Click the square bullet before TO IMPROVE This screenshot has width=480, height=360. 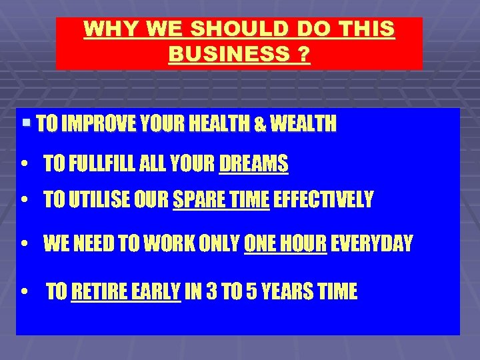[x=26, y=123]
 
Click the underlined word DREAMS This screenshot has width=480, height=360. [x=254, y=163]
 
